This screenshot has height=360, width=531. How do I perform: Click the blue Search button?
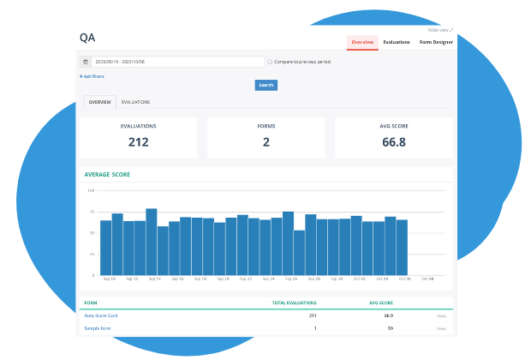click(x=265, y=85)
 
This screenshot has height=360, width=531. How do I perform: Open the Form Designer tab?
click(x=435, y=42)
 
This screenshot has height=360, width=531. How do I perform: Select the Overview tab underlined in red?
click(x=362, y=42)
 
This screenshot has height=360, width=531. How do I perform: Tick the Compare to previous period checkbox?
click(x=271, y=62)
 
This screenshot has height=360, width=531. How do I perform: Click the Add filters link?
click(x=92, y=76)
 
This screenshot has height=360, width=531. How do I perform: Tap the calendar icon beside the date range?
click(x=86, y=62)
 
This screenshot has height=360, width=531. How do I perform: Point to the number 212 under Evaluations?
click(x=138, y=142)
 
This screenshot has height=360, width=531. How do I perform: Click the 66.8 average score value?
click(x=394, y=142)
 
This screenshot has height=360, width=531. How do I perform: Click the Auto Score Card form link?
click(x=100, y=315)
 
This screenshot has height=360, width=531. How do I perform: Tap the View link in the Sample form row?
click(x=441, y=328)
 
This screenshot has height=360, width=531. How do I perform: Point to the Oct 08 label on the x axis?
click(x=427, y=279)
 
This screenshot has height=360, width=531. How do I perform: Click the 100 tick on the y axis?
click(x=92, y=190)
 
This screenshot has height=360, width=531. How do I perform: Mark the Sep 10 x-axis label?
click(x=109, y=279)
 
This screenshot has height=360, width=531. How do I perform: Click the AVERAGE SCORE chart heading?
click(x=107, y=175)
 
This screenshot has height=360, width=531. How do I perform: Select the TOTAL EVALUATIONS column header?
click(x=295, y=303)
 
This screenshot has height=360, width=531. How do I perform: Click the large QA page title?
click(x=87, y=38)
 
